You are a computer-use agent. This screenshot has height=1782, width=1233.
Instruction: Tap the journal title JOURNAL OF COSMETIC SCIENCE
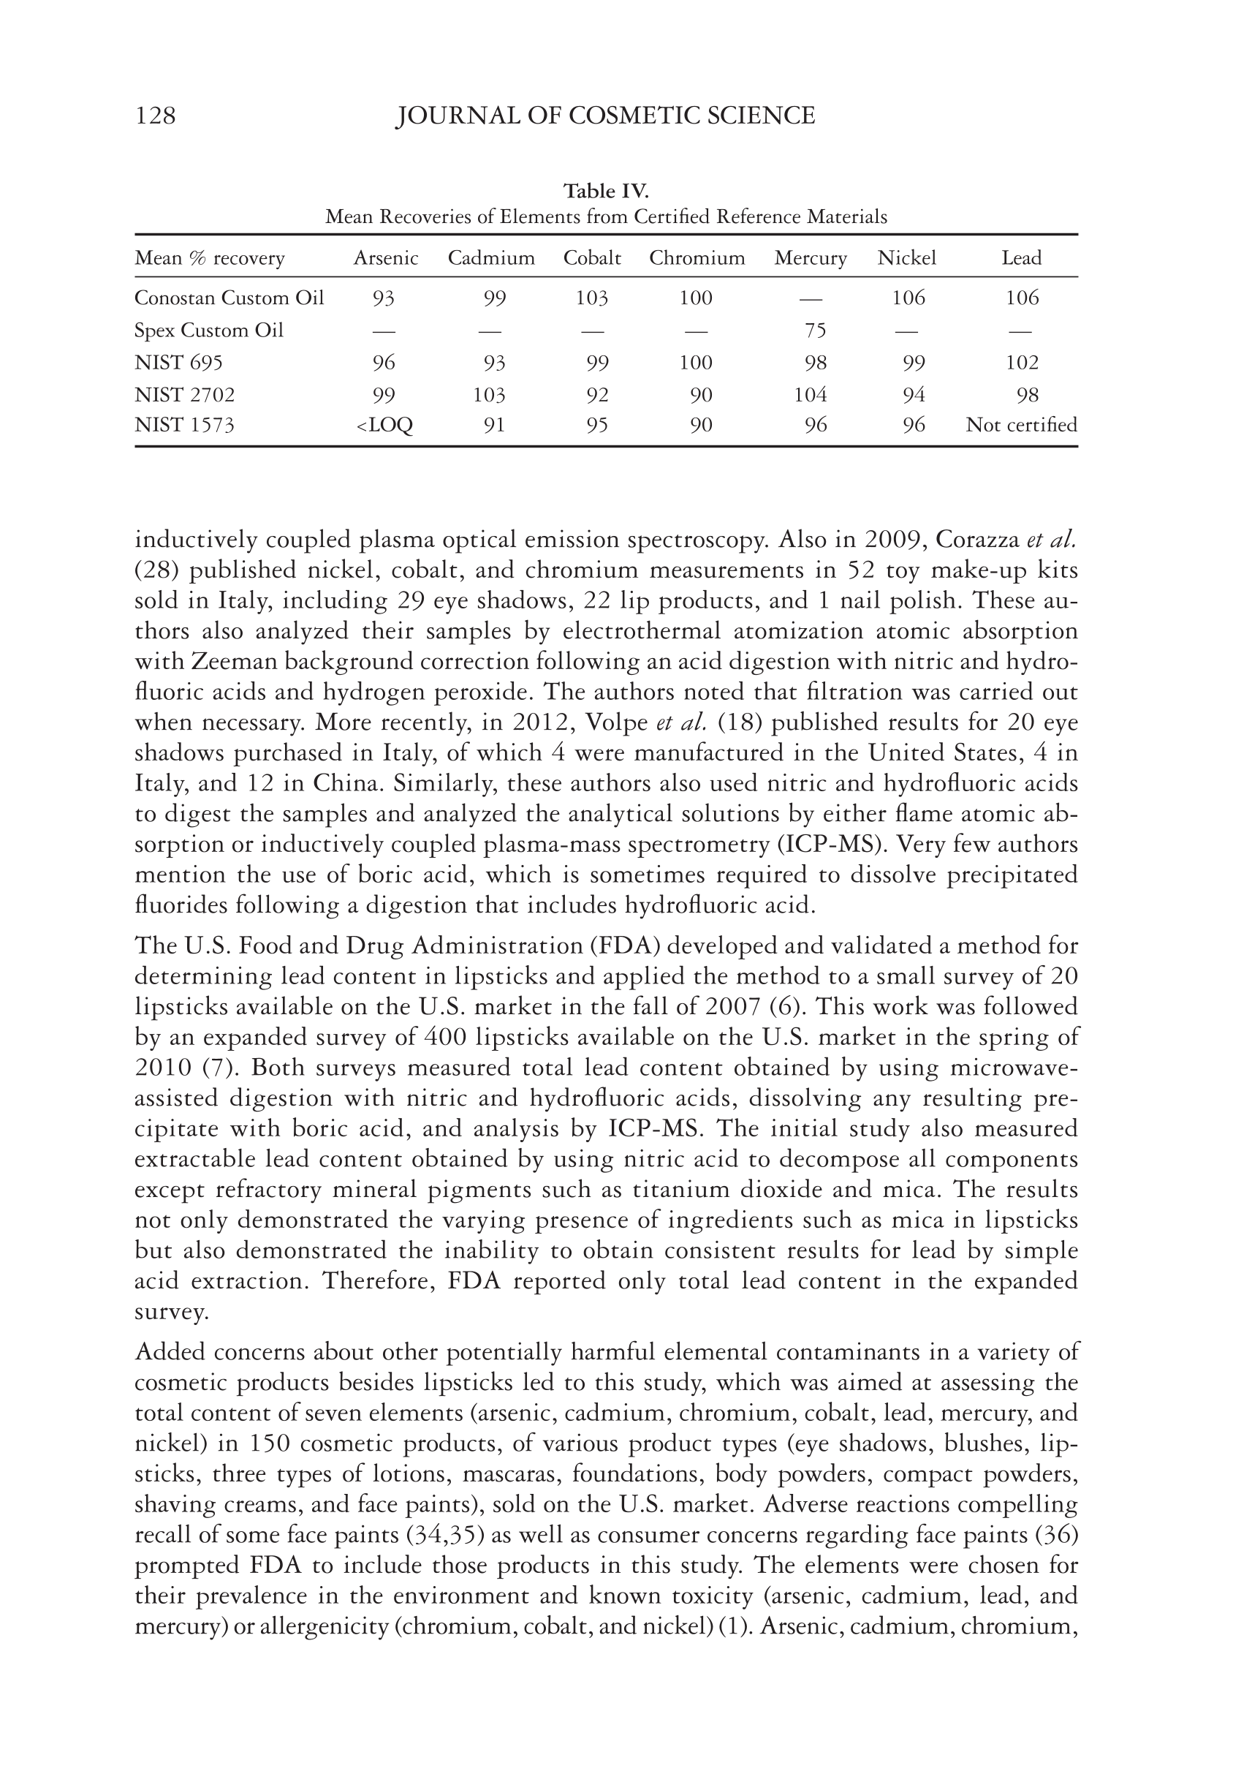click(605, 116)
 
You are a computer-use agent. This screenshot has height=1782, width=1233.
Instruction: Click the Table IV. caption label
click(606, 191)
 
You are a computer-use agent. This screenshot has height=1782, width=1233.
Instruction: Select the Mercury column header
click(811, 258)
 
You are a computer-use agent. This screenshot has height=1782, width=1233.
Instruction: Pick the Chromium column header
click(697, 258)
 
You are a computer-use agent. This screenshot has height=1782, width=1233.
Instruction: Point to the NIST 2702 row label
click(185, 395)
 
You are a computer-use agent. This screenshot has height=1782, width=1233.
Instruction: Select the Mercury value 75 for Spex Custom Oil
click(815, 331)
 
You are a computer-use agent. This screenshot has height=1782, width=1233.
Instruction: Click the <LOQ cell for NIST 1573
click(384, 426)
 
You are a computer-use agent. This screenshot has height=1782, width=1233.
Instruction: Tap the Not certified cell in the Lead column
click(1021, 425)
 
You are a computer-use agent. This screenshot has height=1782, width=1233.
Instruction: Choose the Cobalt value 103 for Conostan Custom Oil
click(592, 298)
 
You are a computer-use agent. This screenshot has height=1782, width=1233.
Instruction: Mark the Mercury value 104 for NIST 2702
click(811, 395)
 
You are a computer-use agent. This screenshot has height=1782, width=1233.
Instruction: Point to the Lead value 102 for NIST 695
click(1022, 363)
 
